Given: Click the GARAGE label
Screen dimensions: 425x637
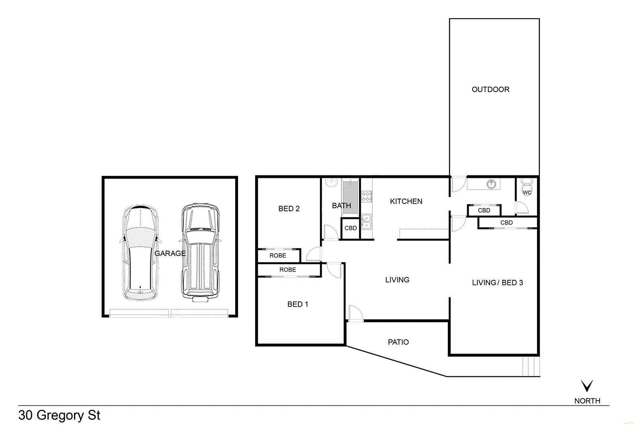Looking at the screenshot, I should (170, 253).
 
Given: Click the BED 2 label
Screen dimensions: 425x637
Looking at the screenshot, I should (289, 209).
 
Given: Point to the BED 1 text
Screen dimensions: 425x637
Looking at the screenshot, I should (297, 304).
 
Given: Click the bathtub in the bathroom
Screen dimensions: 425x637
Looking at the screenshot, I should (350, 197).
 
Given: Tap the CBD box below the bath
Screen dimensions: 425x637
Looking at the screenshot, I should (350, 228).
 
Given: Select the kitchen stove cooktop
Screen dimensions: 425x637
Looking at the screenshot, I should (366, 196).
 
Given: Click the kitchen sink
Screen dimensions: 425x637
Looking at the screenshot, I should (366, 222).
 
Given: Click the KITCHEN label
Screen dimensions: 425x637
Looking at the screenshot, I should (406, 201).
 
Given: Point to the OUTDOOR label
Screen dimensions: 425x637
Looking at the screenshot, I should (490, 89).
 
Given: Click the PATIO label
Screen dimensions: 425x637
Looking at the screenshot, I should (398, 342).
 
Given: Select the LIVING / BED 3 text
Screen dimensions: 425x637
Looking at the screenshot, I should (497, 283).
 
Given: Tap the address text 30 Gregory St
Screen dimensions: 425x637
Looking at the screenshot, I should (59, 415).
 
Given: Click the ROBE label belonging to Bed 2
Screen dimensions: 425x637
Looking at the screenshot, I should (277, 256).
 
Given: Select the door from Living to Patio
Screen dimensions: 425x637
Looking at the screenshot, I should (355, 314).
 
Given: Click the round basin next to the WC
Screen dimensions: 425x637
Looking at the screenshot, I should (491, 184).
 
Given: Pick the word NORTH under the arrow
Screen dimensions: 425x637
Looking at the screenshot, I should (587, 401).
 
